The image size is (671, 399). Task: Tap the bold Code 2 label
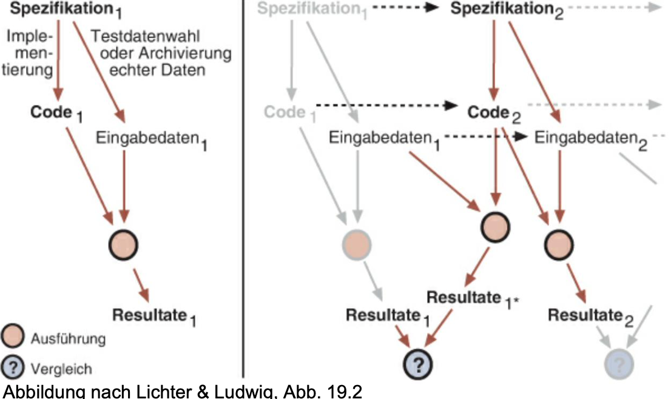(490, 112)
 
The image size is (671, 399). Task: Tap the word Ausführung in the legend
(78, 338)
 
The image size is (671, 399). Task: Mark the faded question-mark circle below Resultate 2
(619, 364)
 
